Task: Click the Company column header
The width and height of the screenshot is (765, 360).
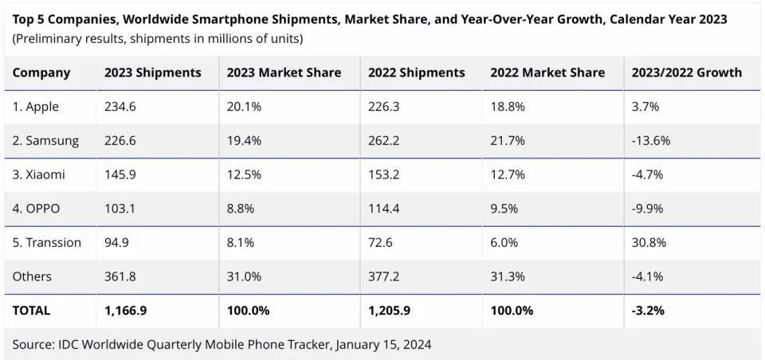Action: click(41, 72)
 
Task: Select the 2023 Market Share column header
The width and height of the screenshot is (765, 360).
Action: click(284, 72)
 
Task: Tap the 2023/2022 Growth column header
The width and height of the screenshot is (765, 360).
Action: click(686, 72)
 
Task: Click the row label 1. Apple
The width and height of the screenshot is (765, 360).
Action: click(36, 107)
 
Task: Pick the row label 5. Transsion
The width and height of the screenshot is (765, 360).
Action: click(47, 242)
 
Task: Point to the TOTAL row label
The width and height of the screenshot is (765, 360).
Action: click(31, 310)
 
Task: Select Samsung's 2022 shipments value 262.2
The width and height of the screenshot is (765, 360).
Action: click(385, 141)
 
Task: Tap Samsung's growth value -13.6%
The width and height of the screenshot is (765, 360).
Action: click(651, 141)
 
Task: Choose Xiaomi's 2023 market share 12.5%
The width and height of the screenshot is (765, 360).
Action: click(244, 174)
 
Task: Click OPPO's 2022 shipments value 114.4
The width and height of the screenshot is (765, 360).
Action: click(385, 209)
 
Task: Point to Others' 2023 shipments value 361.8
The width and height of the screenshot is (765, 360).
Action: click(121, 276)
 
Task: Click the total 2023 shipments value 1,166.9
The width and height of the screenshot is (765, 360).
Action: click(127, 310)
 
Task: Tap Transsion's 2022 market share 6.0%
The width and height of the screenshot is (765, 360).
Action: click(504, 242)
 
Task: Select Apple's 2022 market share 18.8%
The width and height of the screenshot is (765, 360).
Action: click(508, 107)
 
